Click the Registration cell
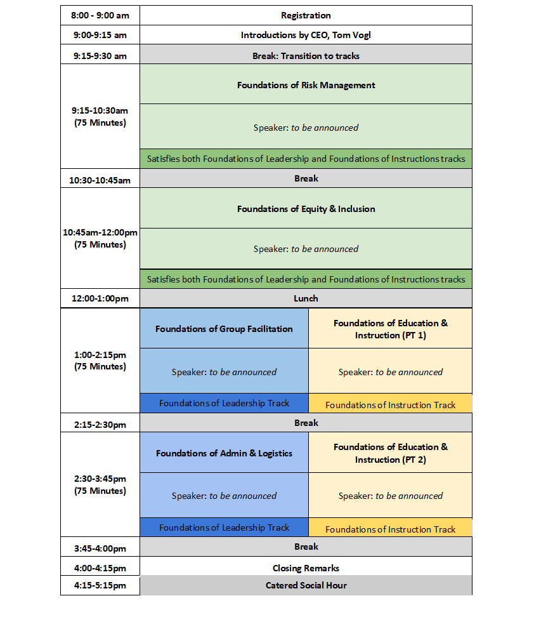(306, 15)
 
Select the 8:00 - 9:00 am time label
(100, 15)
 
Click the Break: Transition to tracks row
(306, 56)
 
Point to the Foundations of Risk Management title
(306, 85)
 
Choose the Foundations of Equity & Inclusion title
(306, 209)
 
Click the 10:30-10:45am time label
(100, 180)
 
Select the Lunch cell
(306, 298)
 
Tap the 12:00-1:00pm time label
(100, 298)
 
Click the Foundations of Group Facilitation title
(224, 329)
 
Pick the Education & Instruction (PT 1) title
(390, 329)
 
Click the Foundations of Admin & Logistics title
(224, 453)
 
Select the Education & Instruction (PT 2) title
(390, 453)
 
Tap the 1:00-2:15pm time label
(100, 354)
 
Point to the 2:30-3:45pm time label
(100, 479)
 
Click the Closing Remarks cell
(306, 568)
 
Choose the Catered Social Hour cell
(306, 585)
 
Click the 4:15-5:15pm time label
(100, 585)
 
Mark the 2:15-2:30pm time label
(100, 423)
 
